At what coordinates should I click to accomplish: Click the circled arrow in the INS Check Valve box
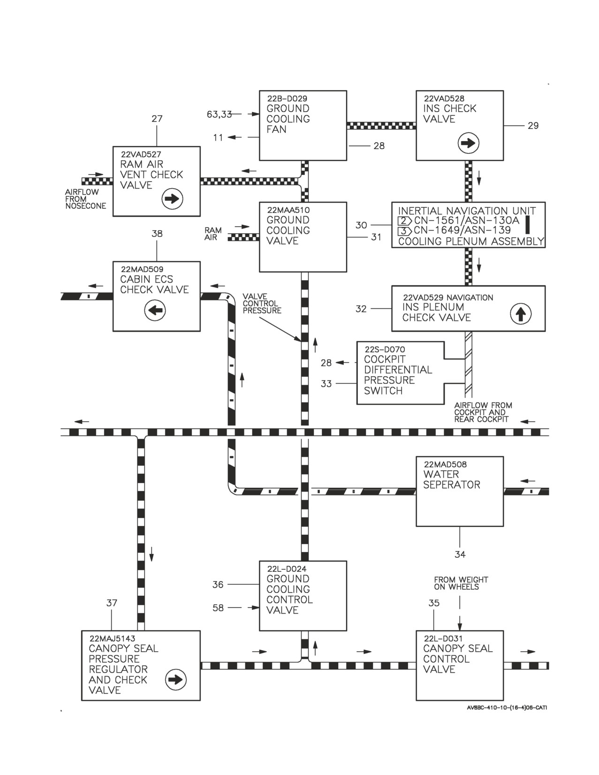(468, 144)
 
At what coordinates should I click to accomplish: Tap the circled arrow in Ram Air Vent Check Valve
(172, 199)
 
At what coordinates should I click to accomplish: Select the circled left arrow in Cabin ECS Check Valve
(155, 310)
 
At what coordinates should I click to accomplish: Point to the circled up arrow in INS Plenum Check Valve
(521, 314)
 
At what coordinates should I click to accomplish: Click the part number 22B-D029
(287, 99)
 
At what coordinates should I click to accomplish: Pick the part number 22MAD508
(445, 464)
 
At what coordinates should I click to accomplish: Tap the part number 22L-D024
(287, 569)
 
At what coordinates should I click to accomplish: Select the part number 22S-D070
(385, 349)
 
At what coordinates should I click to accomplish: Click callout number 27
(157, 119)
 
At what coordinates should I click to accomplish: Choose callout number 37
(112, 603)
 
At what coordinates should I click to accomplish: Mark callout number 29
(533, 126)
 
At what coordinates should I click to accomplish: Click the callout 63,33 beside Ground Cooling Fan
(219, 114)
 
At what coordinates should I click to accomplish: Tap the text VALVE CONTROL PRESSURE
(262, 304)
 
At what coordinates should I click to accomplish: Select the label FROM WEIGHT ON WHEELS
(461, 583)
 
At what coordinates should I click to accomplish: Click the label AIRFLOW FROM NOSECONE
(85, 198)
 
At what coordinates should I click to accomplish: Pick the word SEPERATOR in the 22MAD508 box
(452, 485)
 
